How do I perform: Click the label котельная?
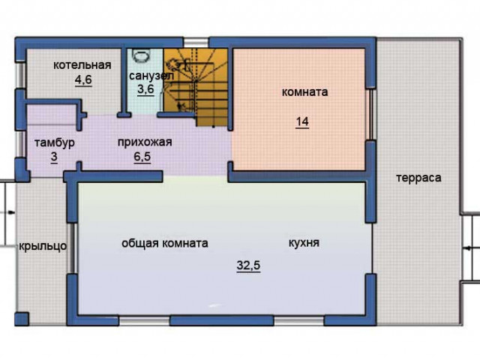[x=82, y=65]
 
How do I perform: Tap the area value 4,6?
[x=83, y=79]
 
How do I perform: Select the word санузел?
[x=151, y=76]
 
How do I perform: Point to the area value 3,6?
[x=145, y=89]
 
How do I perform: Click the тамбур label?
[x=55, y=142]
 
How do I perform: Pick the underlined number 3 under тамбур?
[x=54, y=157]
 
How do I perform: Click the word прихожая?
[x=145, y=142]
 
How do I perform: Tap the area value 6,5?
[x=142, y=157]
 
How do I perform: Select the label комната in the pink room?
[x=304, y=91]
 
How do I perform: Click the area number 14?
[x=302, y=121]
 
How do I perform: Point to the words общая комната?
[x=165, y=243]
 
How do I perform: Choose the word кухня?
[x=304, y=243]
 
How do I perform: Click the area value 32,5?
[x=248, y=265]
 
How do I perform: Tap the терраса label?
[x=418, y=178]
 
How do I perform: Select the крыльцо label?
[x=43, y=246]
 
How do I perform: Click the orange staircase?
[x=196, y=87]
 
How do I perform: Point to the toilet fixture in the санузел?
[x=142, y=55]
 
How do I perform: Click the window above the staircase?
[x=196, y=42]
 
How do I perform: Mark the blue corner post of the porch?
[x=22, y=319]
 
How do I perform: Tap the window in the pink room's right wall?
[x=371, y=115]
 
